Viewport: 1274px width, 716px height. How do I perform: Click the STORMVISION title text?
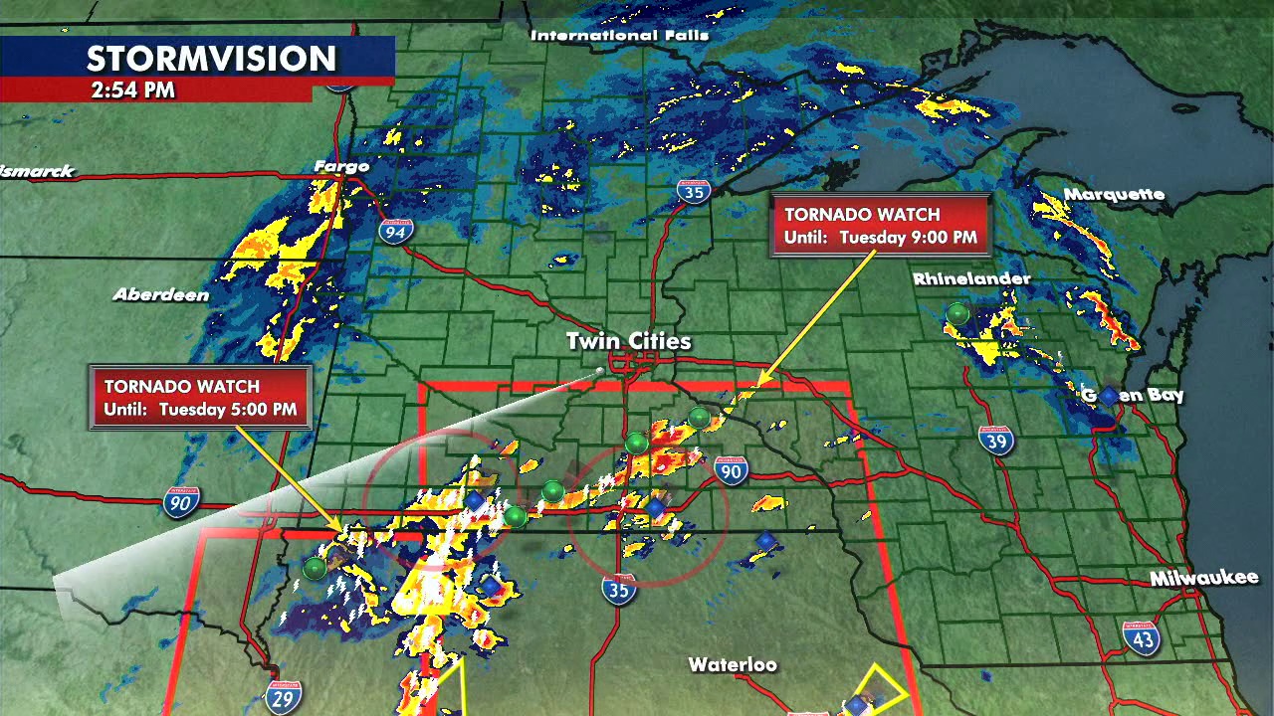point(211,59)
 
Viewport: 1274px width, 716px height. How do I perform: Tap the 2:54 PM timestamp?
point(132,90)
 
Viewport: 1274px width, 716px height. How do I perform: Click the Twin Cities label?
point(628,341)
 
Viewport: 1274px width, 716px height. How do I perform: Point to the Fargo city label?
point(341,166)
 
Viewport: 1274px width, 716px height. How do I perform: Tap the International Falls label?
point(619,36)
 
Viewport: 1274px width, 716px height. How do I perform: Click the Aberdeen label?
point(161,294)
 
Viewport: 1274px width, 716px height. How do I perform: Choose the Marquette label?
point(1114,194)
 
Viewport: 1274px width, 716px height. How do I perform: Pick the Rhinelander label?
point(971,279)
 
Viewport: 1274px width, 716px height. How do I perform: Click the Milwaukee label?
point(1204,578)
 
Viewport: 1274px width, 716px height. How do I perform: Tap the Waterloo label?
point(733,664)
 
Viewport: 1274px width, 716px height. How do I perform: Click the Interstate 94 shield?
point(395,232)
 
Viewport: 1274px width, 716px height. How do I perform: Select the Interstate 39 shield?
point(995,440)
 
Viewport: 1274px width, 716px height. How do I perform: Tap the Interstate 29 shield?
point(283,697)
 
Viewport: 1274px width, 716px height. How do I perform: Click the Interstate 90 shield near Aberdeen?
point(182,503)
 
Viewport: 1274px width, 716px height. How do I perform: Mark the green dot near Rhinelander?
point(957,314)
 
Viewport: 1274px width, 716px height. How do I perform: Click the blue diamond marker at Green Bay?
point(1109,396)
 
